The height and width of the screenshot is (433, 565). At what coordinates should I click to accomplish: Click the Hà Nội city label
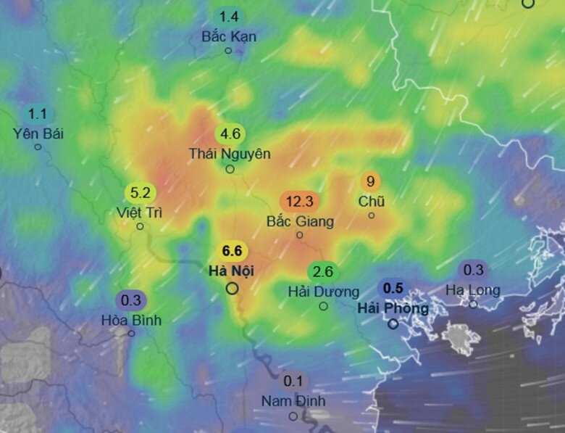coord(232,271)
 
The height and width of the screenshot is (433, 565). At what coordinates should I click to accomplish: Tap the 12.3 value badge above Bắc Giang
coord(299,202)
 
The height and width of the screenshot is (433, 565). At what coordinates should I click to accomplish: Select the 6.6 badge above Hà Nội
coord(232,251)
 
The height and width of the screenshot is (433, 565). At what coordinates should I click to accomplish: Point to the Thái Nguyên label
coord(230,154)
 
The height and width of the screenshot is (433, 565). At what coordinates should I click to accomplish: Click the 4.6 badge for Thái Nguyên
coord(230,134)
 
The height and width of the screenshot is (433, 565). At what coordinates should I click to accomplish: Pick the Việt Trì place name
coord(139,213)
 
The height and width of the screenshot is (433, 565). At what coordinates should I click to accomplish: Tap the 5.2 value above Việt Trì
coord(139,193)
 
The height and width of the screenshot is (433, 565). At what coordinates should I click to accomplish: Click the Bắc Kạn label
coord(229,36)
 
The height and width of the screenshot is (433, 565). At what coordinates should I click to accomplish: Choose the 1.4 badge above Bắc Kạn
coord(229,17)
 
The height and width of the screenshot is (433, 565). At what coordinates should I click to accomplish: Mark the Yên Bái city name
coord(38,133)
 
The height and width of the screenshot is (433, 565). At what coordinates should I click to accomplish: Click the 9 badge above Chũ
coord(371,181)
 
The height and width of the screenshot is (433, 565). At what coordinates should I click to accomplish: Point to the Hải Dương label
coord(323,292)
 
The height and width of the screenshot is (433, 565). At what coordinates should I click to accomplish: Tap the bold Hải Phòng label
coord(393,308)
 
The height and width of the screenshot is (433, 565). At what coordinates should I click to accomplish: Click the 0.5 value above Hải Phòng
coord(393,288)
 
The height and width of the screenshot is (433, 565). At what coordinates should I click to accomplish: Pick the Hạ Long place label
coord(473,290)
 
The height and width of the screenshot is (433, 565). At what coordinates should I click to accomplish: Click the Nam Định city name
coord(293,401)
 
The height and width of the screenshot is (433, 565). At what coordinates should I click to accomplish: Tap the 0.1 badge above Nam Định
coord(293,381)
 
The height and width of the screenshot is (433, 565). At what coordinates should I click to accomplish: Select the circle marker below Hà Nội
coord(233,289)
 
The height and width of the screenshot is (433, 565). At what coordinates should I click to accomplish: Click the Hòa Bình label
coord(131,320)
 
